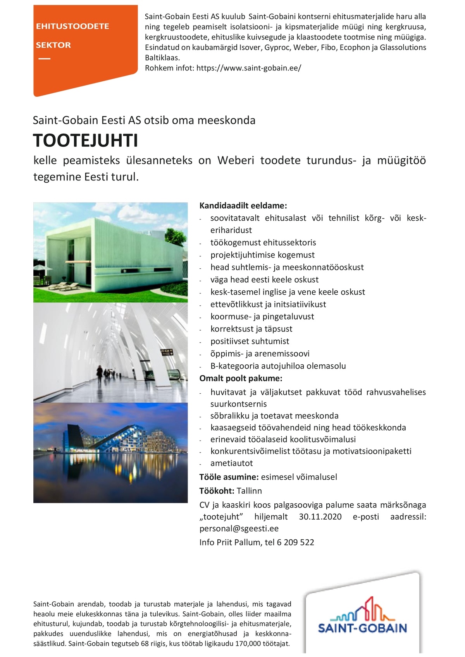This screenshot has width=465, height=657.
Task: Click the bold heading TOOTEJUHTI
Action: click(86, 141)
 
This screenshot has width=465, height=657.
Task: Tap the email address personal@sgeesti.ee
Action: click(239, 528)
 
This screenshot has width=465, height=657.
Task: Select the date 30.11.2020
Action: click(320, 517)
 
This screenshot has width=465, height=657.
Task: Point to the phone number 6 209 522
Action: click(295, 542)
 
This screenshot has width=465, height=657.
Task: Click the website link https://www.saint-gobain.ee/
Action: click(248, 68)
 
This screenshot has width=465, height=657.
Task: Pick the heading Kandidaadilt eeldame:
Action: click(243, 206)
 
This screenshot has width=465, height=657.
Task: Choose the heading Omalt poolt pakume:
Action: click(241, 378)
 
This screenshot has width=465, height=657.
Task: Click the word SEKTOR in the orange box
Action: click(53, 45)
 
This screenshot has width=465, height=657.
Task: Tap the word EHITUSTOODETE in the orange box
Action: click(72, 26)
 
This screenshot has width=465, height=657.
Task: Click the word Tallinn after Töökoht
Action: click(249, 491)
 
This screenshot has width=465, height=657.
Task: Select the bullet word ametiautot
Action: click(231, 463)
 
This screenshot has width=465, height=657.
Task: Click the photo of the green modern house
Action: click(110, 252)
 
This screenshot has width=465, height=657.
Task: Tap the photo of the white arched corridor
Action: click(110, 352)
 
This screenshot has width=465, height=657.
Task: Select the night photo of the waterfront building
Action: click(110, 453)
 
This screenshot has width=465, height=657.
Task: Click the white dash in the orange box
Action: click(44, 59)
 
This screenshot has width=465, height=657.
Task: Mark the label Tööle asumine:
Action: click(229, 477)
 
